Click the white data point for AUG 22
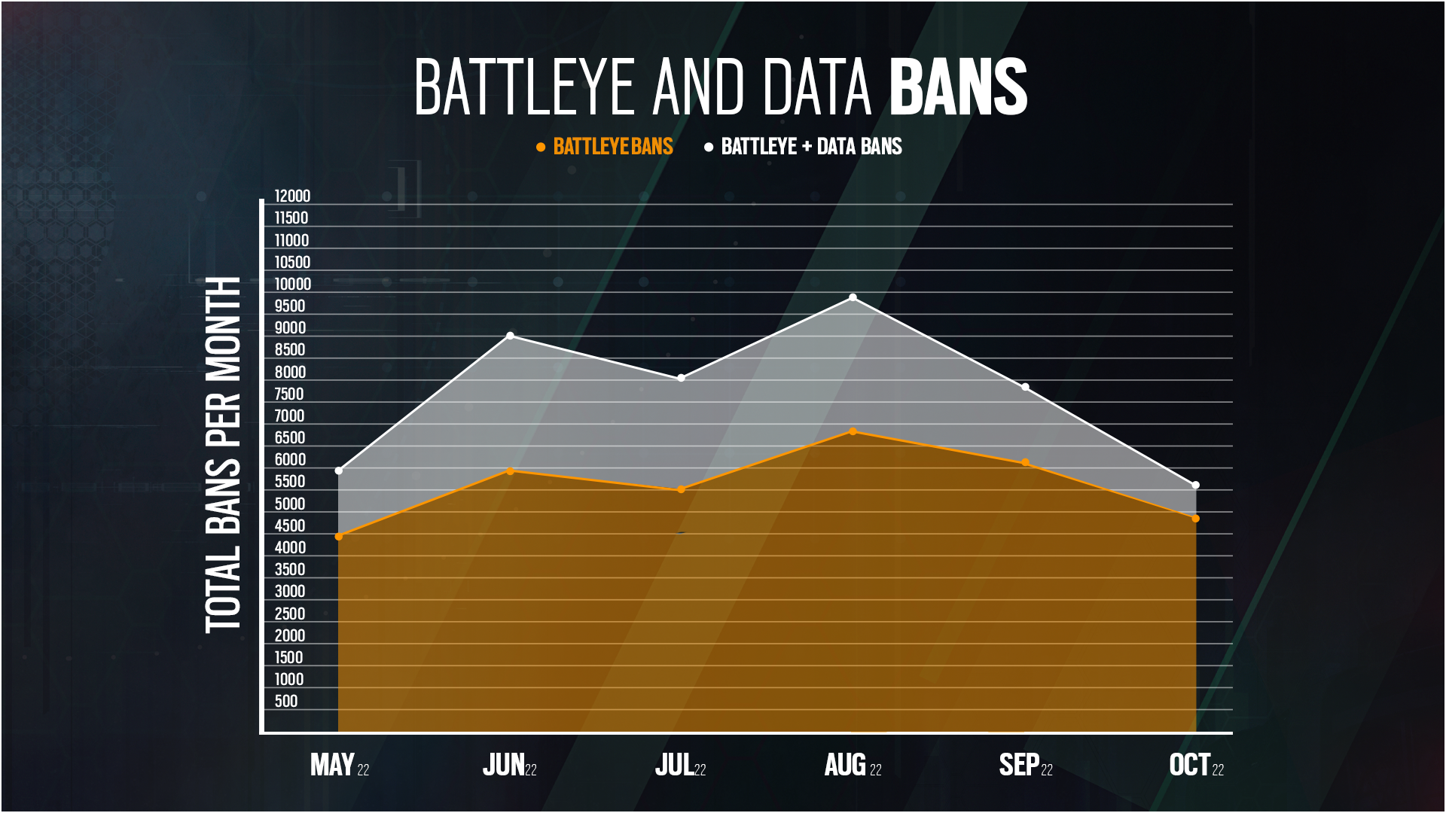click(x=853, y=298)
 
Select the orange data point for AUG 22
click(x=853, y=431)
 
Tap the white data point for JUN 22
click(x=511, y=336)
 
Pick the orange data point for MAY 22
click(x=339, y=537)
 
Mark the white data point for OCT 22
click(x=1195, y=486)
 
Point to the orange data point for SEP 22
click(x=1025, y=463)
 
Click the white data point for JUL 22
click(x=681, y=378)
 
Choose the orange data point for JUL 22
click(x=681, y=489)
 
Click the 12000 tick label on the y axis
click(x=292, y=196)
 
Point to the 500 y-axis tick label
click(x=286, y=702)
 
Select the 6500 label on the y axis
click(x=290, y=438)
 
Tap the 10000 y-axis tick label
click(x=292, y=285)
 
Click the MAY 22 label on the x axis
click(x=340, y=766)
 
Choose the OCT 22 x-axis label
click(x=1196, y=766)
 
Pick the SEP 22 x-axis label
click(x=1026, y=766)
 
